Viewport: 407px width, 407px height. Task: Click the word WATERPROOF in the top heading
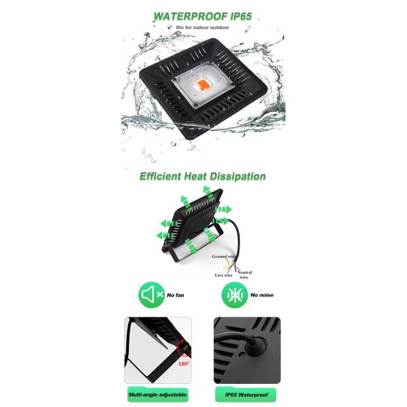coord(191,16)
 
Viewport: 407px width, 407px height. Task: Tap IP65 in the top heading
coord(241,16)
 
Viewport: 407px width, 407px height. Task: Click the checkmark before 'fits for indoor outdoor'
coord(170,26)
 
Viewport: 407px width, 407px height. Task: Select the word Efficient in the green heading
coord(160,176)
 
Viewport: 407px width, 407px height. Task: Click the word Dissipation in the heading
coord(237,176)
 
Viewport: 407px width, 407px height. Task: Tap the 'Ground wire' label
coord(224,256)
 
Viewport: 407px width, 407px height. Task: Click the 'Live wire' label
coord(224,275)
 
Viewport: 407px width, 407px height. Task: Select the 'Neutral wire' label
coord(244,275)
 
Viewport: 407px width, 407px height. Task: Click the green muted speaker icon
coord(151,295)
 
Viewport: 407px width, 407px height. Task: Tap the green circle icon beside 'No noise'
coord(235,295)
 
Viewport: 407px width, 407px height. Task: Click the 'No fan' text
coord(176,295)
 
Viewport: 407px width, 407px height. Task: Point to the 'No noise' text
coord(262,295)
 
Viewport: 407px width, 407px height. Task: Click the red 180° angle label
coord(184,364)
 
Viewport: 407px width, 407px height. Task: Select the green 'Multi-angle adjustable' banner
coord(158,395)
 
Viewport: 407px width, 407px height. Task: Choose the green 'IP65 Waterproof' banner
coord(246,395)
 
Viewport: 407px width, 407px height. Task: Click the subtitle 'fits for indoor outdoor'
coord(202,27)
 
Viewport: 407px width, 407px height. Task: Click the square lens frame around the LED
coord(203,84)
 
